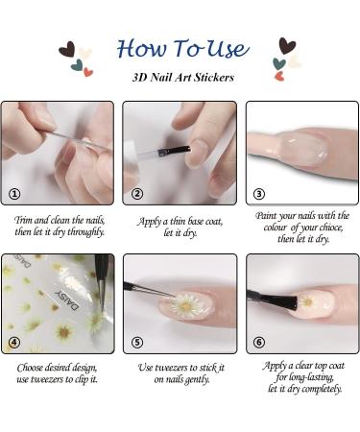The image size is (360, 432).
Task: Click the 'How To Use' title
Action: [x=182, y=49]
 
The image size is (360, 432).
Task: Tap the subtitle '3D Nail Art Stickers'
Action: [x=183, y=77]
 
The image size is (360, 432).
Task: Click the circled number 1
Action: [x=14, y=194]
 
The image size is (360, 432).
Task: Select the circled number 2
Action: [x=137, y=194]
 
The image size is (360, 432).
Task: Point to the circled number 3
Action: [x=259, y=194]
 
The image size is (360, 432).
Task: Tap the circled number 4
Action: [x=14, y=343]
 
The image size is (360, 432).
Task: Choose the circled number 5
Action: [x=137, y=343]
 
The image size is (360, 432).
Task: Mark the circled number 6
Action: [x=259, y=343]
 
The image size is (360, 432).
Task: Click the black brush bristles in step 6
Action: [x=281, y=301]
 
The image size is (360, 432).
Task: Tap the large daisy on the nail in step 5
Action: [x=186, y=305]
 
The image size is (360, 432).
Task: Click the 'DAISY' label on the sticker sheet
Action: [x=66, y=300]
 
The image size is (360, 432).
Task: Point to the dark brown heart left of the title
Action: [x=67, y=49]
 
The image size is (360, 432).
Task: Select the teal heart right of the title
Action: [x=279, y=63]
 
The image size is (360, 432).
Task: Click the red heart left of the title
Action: [x=88, y=72]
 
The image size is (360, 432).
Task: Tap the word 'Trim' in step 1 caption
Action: [x=23, y=220]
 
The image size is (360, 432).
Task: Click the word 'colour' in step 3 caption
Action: [x=276, y=228]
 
